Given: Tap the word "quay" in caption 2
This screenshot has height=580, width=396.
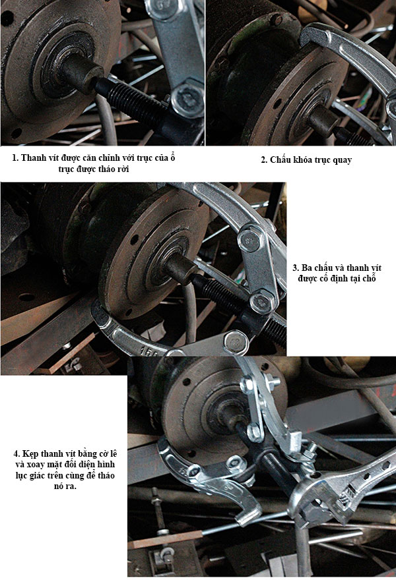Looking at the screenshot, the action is [343, 161].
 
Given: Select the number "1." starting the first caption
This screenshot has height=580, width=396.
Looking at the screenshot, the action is [15, 158].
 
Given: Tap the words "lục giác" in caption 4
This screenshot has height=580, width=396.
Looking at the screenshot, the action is [31, 476].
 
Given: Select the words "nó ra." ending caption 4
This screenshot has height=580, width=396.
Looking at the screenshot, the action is [65, 486].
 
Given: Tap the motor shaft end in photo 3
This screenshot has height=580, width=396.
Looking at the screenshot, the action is [181, 268].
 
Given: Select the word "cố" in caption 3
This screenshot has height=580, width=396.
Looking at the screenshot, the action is [321, 278].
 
